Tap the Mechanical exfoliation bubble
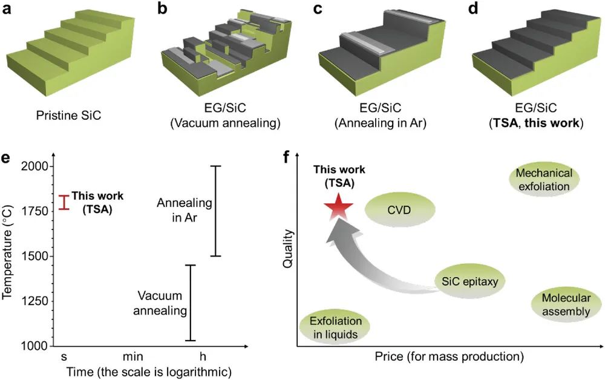pyautogui.click(x=543, y=180)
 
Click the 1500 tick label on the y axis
pyautogui.click(x=37, y=257)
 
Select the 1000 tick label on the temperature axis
pyautogui.click(x=37, y=346)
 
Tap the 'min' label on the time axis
pyautogui.click(x=128, y=357)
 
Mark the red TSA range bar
pyautogui.click(x=64, y=202)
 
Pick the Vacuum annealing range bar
pyautogui.click(x=191, y=303)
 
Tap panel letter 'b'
pyautogui.click(x=163, y=8)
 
